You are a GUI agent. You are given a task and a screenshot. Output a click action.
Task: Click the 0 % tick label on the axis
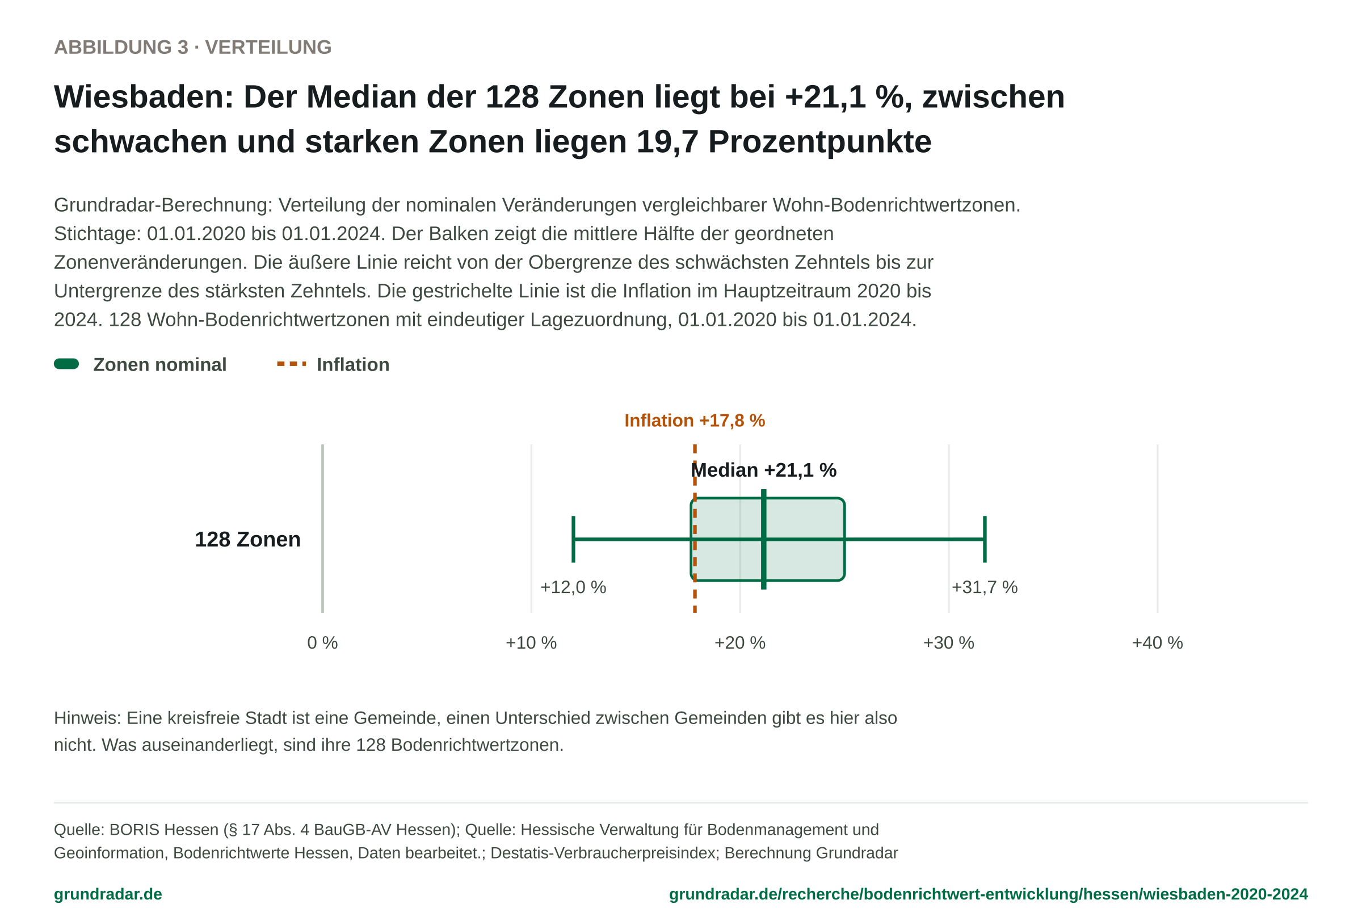pos(322,643)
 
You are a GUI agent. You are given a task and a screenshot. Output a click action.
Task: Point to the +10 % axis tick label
pos(531,643)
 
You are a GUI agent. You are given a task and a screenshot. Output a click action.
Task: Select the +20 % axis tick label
pos(739,643)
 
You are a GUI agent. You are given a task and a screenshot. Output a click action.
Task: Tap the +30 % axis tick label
pos(948,643)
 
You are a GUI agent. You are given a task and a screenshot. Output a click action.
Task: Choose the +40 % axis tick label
pos(1157,643)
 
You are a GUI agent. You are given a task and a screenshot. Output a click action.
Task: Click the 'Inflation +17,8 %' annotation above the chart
pos(695,420)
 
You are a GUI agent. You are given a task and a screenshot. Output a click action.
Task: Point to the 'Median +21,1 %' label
pos(764,470)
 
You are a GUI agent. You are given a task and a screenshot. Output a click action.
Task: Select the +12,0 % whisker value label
pos(573,587)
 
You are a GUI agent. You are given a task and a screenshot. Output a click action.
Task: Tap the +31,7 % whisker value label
pos(985,587)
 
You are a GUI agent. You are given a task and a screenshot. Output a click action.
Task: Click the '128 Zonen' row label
pos(247,540)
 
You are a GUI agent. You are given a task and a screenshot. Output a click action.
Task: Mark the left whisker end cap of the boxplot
pos(573,539)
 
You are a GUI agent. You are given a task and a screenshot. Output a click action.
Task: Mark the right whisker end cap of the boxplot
pos(985,539)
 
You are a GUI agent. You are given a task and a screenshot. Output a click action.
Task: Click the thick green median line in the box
pos(764,539)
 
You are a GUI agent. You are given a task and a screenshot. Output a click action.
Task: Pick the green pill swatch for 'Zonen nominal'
pos(66,364)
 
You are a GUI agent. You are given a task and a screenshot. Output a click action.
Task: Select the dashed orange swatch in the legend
pos(291,364)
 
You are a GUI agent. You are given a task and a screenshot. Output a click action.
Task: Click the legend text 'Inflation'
pos(353,364)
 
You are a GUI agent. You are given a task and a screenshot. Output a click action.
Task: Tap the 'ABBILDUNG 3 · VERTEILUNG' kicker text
pos(193,47)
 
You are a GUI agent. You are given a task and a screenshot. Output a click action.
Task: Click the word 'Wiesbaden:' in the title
pos(144,96)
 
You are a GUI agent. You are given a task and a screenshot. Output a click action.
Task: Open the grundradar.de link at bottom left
pos(108,894)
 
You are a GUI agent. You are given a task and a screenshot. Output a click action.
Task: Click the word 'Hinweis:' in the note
pos(87,718)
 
